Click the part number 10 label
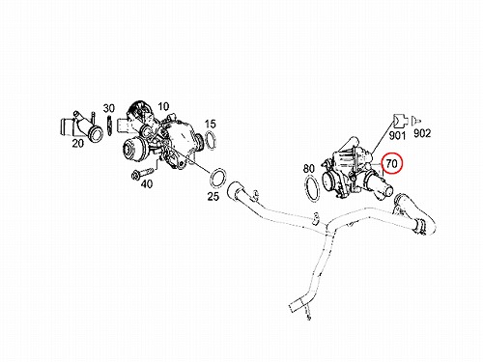(163, 106)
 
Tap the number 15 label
(210, 124)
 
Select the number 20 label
(77, 143)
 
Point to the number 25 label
(213, 196)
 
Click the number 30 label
(109, 108)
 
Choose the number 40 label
(147, 184)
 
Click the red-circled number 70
(392, 164)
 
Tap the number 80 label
(309, 168)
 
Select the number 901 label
(397, 135)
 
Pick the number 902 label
(422, 133)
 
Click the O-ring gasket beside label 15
(210, 140)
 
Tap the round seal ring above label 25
(218, 178)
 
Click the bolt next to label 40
(142, 173)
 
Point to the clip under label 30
(109, 125)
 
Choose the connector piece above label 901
(400, 121)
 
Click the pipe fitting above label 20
(82, 126)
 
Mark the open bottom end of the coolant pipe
(295, 307)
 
